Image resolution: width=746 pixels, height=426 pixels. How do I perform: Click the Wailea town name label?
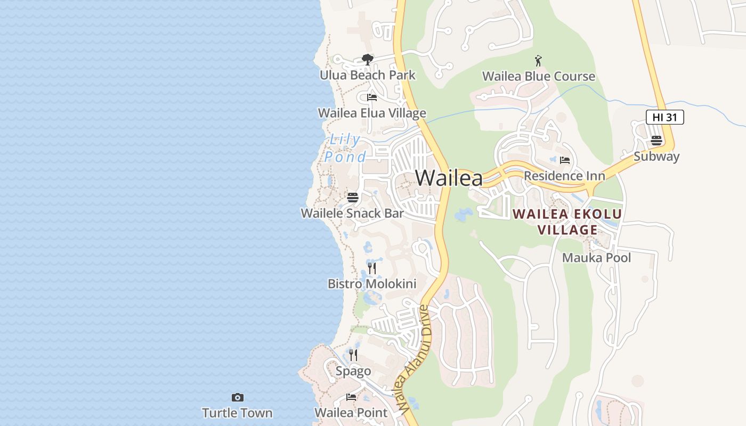coord(449,178)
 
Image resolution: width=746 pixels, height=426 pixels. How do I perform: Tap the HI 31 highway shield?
coord(664,117)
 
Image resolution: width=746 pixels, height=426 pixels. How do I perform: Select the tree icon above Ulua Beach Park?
coord(367,59)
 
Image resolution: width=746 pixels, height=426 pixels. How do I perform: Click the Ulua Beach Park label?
coord(367,75)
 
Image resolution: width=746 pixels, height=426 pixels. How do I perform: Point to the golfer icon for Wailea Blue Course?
coord(538,60)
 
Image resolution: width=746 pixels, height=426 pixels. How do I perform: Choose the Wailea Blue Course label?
coord(538,76)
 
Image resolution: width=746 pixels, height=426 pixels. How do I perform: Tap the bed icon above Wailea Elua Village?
coord(372,97)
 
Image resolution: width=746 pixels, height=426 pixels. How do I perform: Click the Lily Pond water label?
coord(345,148)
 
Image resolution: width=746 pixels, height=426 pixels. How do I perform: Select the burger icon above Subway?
coord(656,141)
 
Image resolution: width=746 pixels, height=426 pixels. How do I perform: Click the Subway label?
coord(656,157)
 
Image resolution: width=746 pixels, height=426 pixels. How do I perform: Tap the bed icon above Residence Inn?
coord(565,160)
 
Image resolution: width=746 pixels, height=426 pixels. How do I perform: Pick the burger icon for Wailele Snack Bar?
coord(353,198)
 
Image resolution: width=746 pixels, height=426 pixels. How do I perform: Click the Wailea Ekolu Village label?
coord(567,222)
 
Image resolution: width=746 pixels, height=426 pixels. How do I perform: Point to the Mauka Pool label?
coord(596,258)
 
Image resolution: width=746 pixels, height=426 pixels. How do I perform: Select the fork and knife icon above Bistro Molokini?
coord(372,268)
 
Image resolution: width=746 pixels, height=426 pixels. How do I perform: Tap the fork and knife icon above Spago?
coord(353,355)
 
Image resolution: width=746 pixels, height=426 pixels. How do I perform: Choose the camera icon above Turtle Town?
coord(237,397)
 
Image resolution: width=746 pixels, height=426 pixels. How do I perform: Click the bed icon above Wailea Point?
coord(351,397)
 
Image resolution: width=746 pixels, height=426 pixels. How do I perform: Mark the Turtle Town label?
coord(237,413)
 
